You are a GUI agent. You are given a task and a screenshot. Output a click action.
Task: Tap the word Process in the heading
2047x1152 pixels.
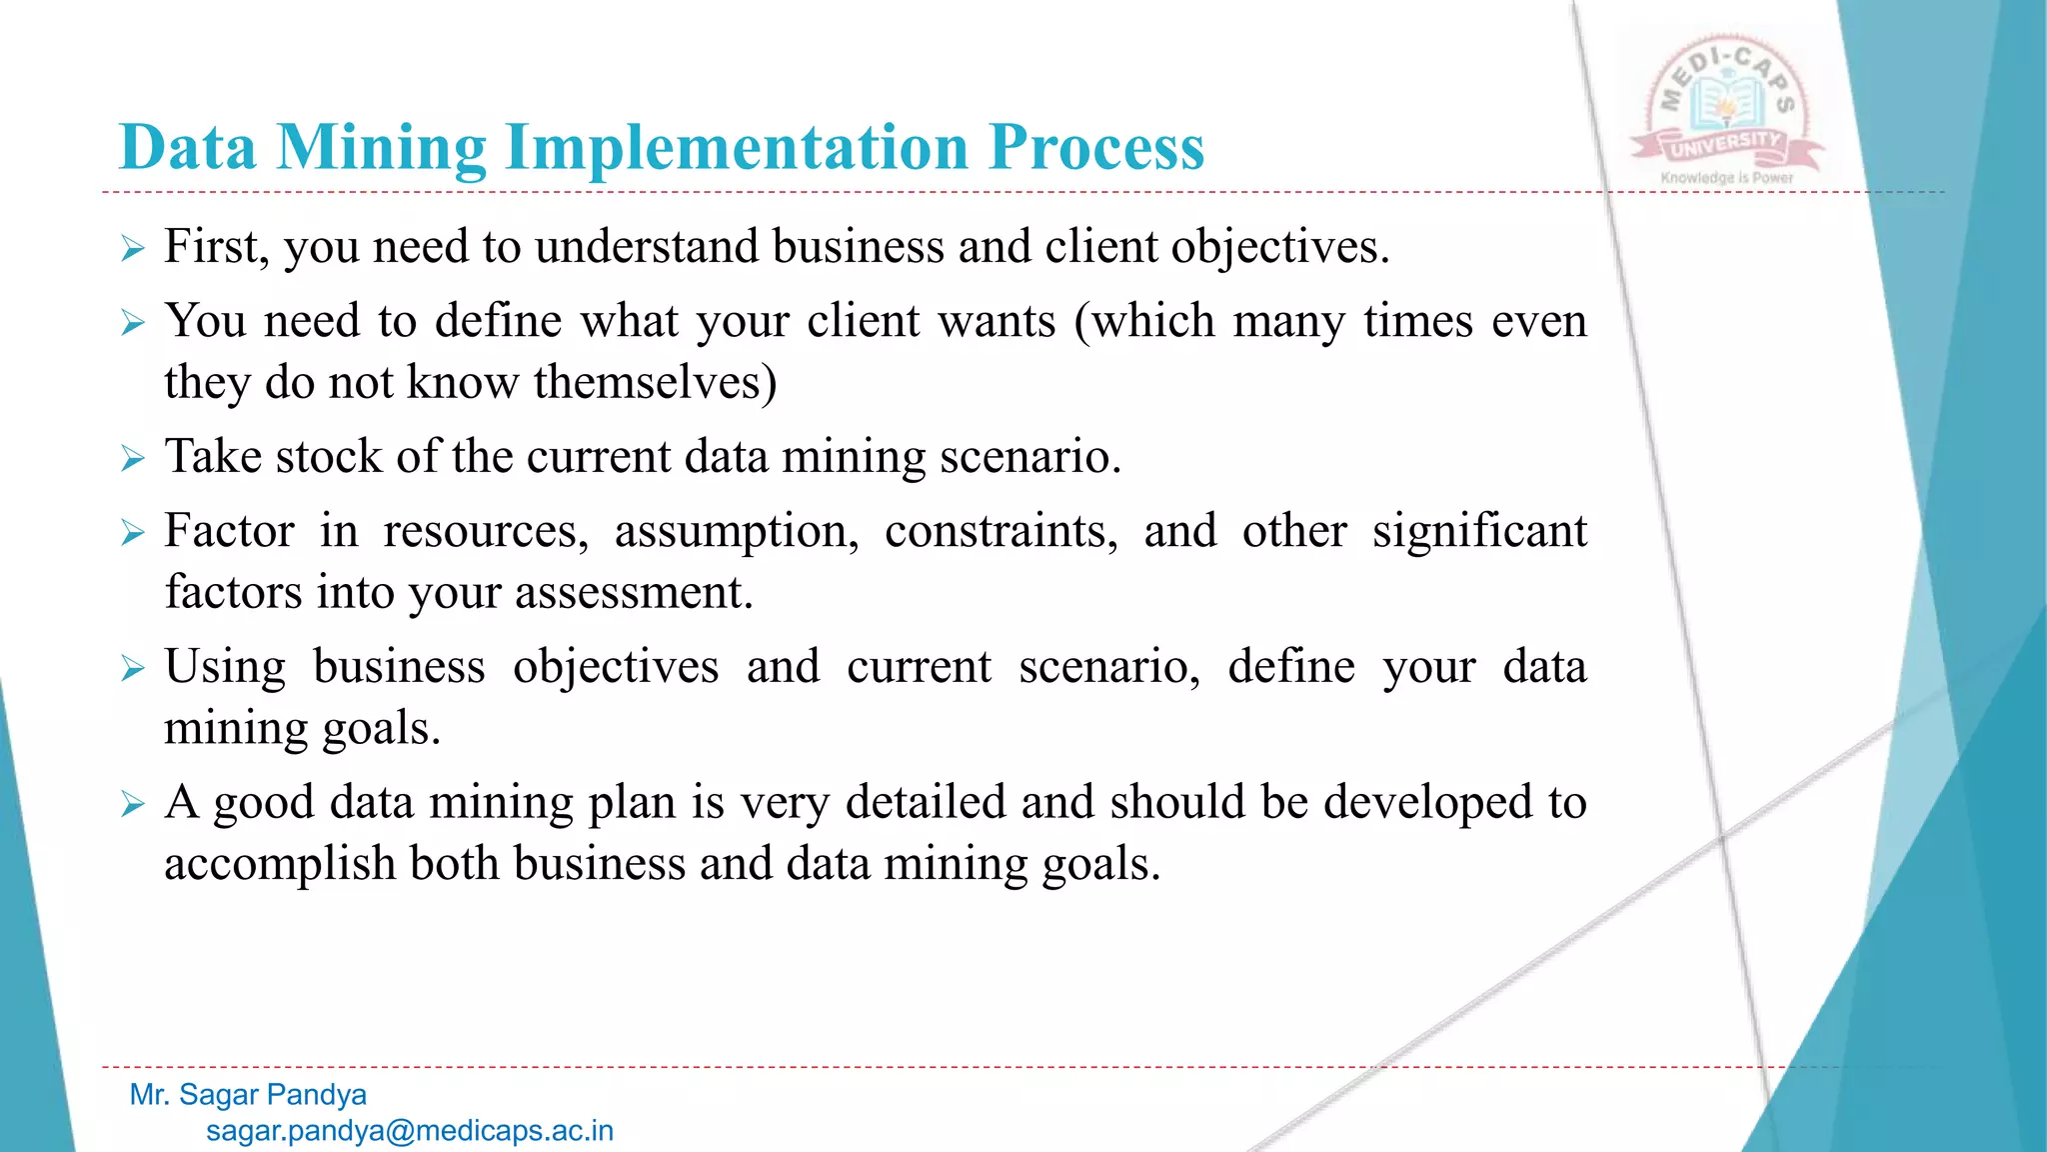[1096, 148]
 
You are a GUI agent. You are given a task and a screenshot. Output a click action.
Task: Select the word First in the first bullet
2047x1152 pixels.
[216, 247]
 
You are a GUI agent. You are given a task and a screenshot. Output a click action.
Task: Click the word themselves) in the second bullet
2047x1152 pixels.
[655, 383]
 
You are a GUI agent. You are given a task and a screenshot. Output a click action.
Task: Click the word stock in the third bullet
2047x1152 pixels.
[328, 457]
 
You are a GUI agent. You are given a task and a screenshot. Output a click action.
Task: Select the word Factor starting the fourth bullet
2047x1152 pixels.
[229, 531]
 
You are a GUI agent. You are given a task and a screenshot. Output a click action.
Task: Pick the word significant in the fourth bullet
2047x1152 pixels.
[1479, 531]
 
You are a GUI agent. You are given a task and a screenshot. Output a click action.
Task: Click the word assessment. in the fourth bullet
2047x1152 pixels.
[634, 593]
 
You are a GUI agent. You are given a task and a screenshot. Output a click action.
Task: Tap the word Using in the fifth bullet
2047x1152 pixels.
[225, 667]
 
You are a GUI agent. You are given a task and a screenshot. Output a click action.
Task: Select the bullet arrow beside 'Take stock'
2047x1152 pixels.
[133, 459]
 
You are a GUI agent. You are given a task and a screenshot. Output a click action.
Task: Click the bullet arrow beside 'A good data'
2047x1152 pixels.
[133, 804]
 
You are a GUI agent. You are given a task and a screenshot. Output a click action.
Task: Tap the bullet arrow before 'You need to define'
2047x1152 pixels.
[133, 323]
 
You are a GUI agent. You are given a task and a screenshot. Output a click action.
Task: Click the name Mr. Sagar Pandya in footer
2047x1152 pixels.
[248, 1095]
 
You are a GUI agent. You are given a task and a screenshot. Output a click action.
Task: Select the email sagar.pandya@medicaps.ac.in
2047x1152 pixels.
[410, 1131]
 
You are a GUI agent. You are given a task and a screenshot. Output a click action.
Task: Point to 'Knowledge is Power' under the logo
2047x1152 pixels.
[1726, 178]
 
